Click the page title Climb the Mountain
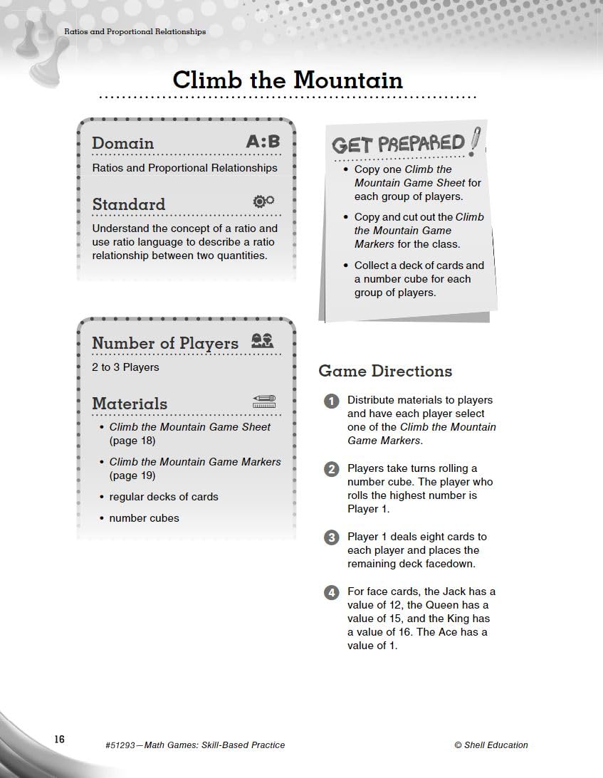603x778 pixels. coord(288,80)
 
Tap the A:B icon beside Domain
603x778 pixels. coord(263,142)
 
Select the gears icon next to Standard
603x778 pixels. coord(263,201)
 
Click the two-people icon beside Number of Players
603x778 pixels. coord(262,341)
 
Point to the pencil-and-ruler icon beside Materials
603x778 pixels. coord(263,402)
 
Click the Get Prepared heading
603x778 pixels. coord(398,144)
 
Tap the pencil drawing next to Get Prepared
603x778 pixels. coord(475,141)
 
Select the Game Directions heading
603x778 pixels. coord(384,371)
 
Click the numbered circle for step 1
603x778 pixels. coord(331,401)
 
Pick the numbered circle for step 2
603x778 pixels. coord(331,469)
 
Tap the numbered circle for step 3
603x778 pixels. coord(331,537)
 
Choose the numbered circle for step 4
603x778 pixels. coord(331,592)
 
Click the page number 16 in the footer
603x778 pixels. coord(58,740)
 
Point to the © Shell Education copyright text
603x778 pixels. coord(491,745)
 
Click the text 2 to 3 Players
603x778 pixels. coord(125,367)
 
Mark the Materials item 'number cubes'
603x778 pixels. coord(144,518)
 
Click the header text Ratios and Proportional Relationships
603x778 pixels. coord(135,31)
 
